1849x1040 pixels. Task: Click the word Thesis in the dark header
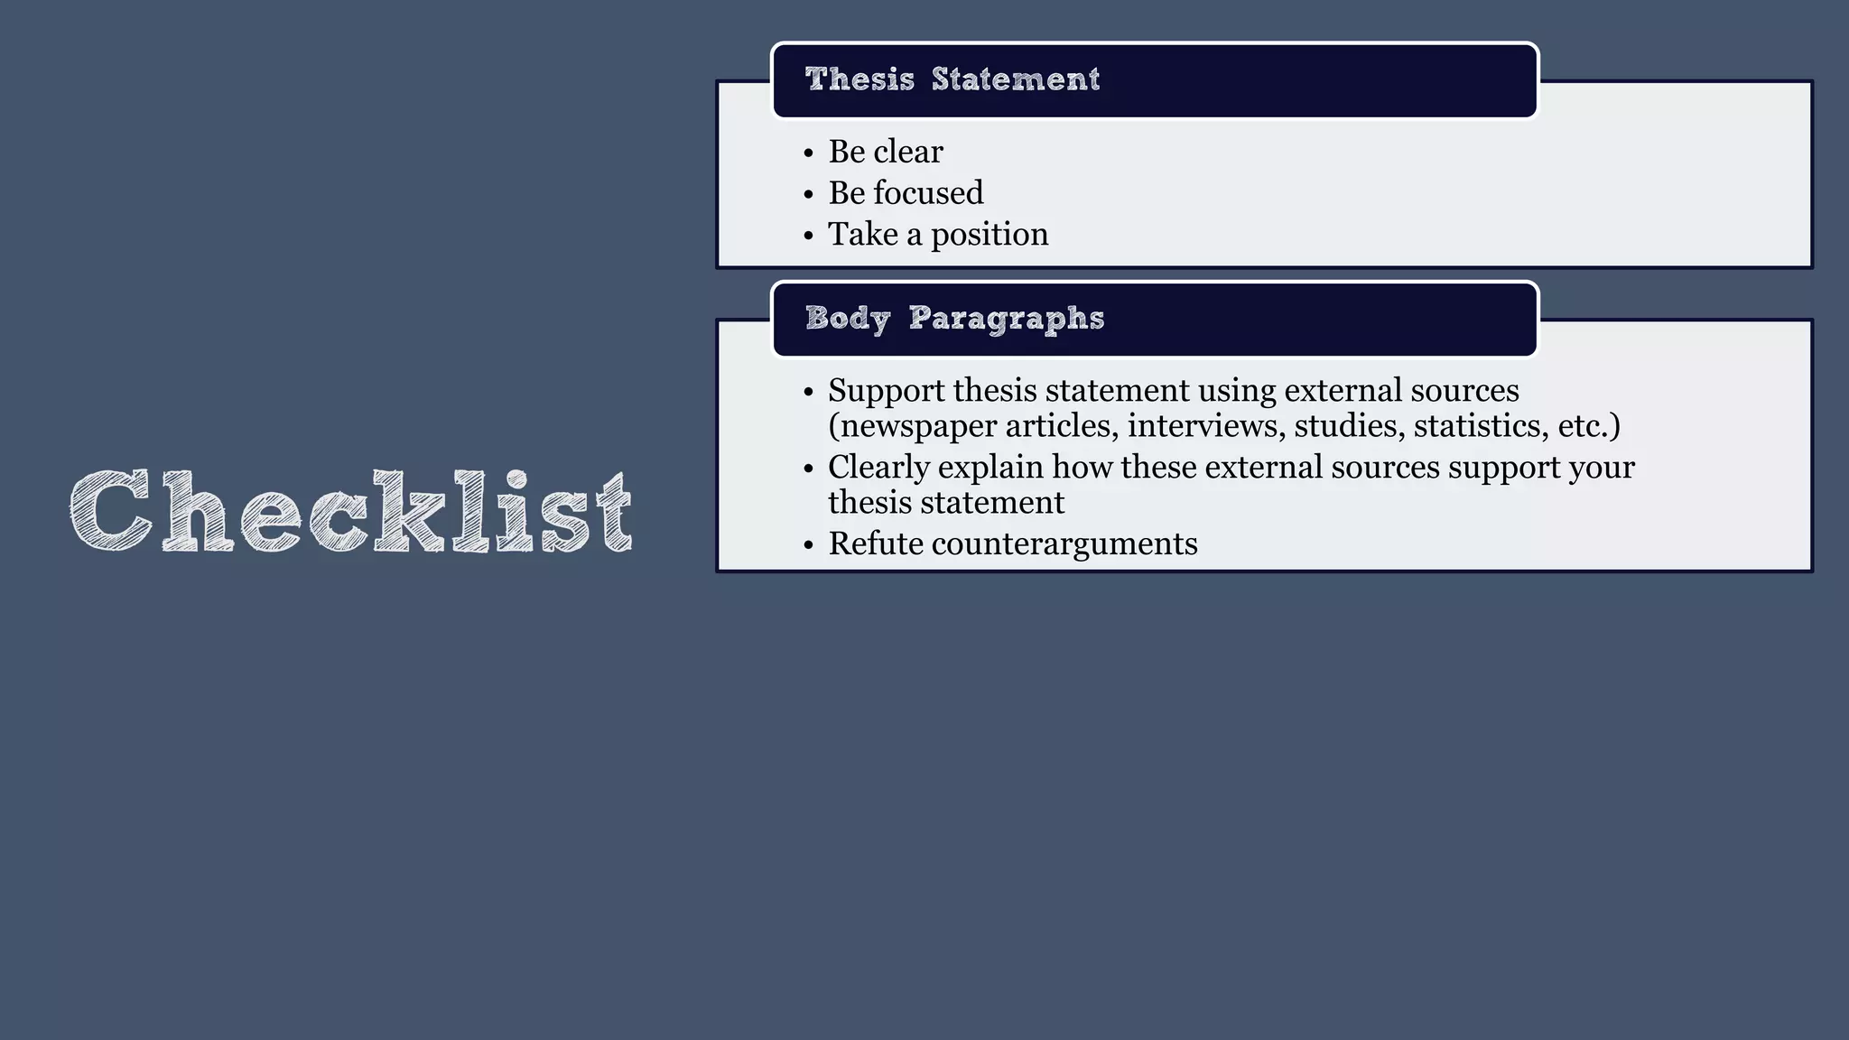point(859,79)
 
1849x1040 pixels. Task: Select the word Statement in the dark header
point(1016,79)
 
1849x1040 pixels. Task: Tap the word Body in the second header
point(848,319)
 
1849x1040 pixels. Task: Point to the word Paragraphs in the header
point(1007,319)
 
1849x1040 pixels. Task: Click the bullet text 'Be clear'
point(886,152)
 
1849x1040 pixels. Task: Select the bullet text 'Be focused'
point(906,193)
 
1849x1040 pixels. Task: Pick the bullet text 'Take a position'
point(938,235)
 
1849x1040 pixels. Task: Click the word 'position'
point(990,235)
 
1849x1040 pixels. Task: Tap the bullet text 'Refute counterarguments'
point(1013,544)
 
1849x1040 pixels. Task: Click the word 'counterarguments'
point(1064,544)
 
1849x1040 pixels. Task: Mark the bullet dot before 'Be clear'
point(808,153)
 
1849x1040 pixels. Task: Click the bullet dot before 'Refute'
point(808,545)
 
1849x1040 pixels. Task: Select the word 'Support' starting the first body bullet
point(887,391)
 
